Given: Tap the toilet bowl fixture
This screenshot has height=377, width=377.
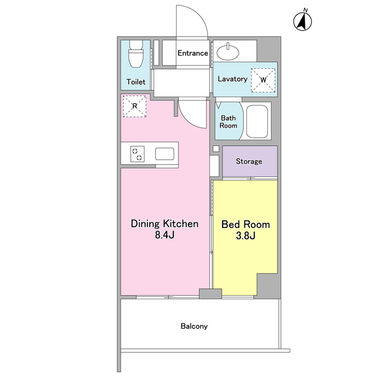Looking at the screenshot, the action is (136, 54).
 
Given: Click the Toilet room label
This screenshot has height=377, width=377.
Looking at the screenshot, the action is (136, 82).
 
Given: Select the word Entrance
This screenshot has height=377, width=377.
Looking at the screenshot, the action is (193, 53).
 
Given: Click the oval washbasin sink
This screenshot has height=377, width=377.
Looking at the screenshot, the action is (228, 52).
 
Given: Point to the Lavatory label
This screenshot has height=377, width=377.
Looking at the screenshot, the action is (233, 79).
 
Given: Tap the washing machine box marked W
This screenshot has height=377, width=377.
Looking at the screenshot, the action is (263, 80).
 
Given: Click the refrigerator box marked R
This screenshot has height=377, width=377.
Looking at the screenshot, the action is (135, 106).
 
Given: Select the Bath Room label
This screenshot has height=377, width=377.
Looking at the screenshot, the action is (228, 122).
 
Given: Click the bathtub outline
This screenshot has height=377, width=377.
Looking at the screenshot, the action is (257, 121).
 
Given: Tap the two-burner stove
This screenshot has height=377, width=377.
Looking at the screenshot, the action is (137, 154).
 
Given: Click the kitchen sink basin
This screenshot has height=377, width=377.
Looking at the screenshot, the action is (165, 154).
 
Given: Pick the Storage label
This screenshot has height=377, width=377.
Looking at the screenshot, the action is (249, 161).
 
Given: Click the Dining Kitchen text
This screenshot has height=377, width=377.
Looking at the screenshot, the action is (165, 224).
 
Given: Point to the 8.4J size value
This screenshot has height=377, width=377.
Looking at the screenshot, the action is (165, 235).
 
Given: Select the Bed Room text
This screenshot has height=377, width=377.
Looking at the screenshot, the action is (246, 224).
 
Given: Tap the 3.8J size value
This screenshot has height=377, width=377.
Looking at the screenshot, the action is (246, 236).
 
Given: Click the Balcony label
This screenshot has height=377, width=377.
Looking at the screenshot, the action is (194, 326).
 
